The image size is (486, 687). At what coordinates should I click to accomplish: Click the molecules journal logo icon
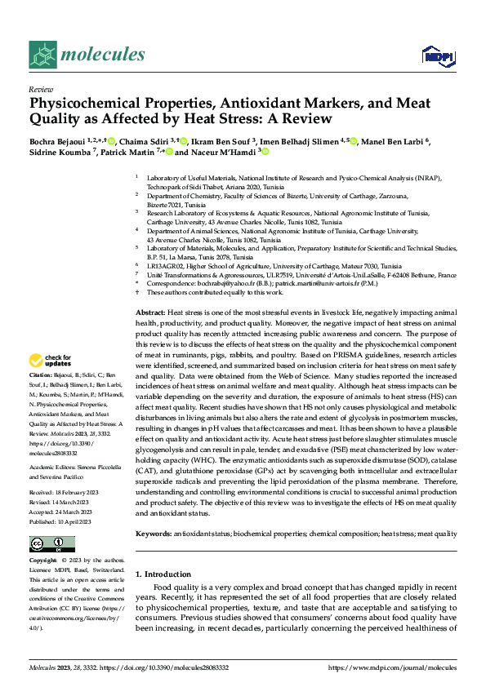[43, 55]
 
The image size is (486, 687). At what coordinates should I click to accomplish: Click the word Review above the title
[41, 89]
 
